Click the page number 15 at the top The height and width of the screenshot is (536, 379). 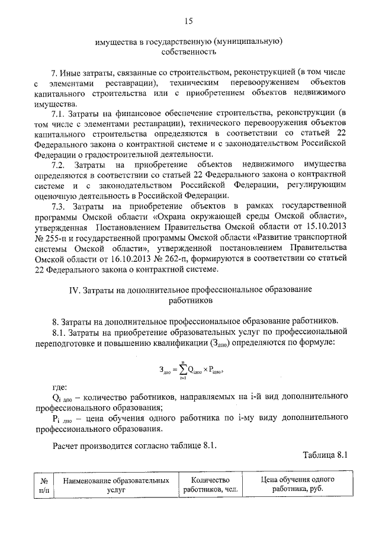click(x=188, y=22)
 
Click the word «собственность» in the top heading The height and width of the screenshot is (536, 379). click(x=188, y=52)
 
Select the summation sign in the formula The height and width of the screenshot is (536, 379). click(x=173, y=370)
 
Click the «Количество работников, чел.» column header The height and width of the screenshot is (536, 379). click(x=207, y=484)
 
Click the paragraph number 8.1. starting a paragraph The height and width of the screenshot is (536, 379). click(x=60, y=332)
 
